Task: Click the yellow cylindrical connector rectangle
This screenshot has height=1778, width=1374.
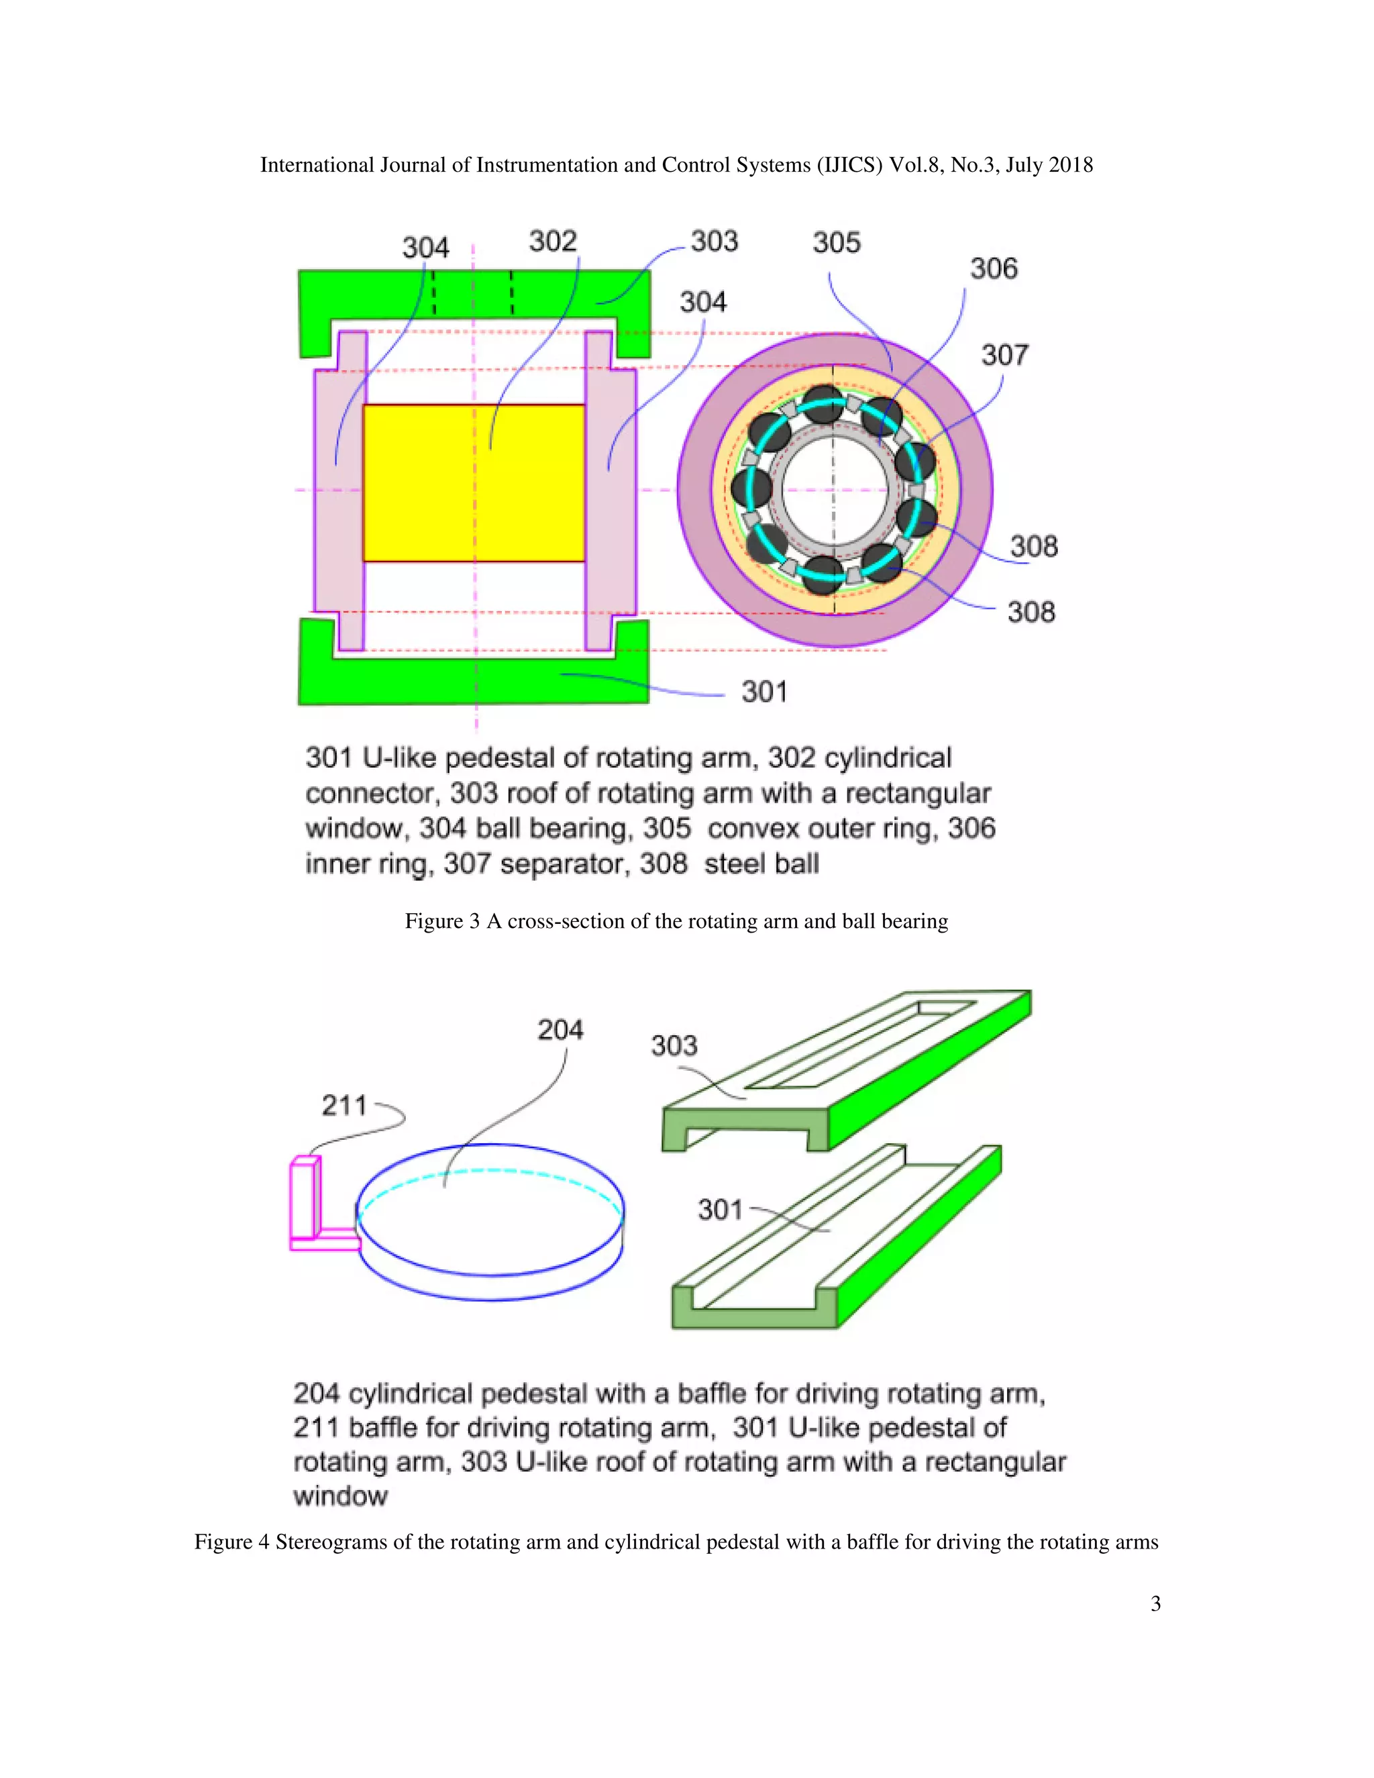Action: [474, 483]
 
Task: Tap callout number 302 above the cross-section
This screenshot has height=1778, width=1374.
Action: [553, 241]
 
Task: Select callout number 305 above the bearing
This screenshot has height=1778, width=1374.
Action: [836, 243]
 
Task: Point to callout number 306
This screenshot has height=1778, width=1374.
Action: [993, 268]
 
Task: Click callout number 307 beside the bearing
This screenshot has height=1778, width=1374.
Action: [1004, 355]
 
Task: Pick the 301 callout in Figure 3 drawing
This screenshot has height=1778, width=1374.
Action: [763, 692]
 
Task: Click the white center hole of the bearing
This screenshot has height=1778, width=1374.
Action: [833, 489]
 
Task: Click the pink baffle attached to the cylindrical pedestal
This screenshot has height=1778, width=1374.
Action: [305, 1199]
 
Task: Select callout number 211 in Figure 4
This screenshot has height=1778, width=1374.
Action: [344, 1106]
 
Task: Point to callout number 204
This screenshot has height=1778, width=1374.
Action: [560, 1030]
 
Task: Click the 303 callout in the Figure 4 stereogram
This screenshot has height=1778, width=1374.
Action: [674, 1045]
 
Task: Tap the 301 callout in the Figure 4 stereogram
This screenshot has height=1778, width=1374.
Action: [720, 1210]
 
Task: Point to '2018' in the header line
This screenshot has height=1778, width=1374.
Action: [1070, 165]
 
